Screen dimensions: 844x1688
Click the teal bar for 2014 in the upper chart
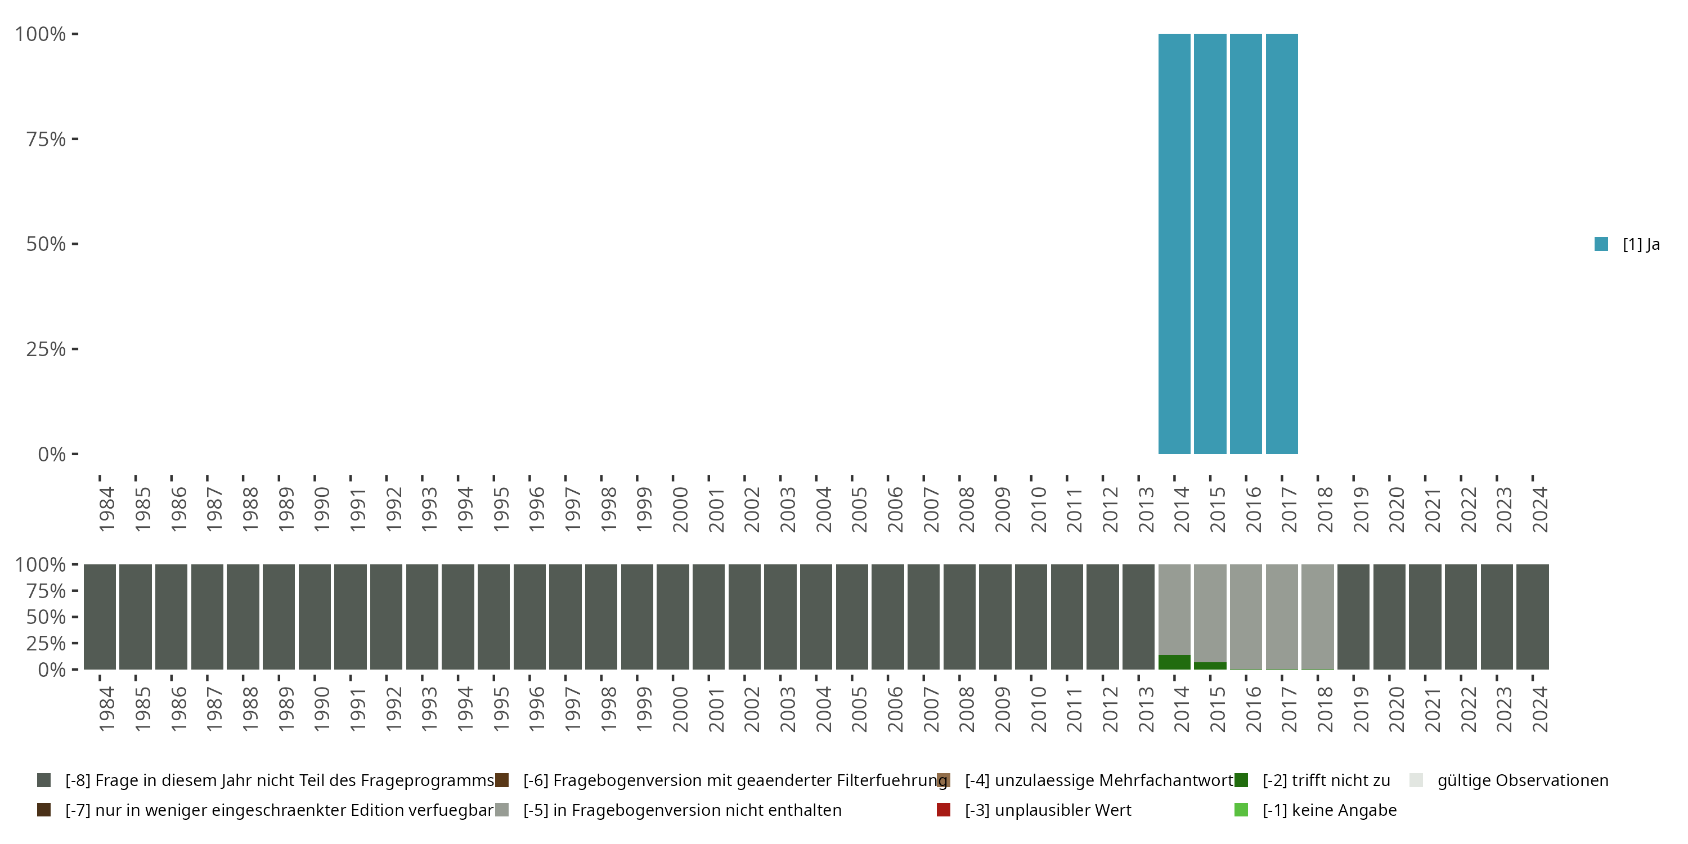(x=1174, y=244)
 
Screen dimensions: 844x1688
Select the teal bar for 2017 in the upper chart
(x=1282, y=244)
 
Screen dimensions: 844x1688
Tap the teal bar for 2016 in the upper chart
(x=1246, y=244)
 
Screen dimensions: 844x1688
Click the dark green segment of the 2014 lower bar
(x=1174, y=662)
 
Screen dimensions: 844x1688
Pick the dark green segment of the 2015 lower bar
(x=1210, y=666)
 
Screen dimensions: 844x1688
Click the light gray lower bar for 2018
(x=1318, y=616)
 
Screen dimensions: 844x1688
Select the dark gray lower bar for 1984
(x=100, y=617)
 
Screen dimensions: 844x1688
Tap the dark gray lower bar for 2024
(x=1533, y=617)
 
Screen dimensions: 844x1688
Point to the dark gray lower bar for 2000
(x=673, y=617)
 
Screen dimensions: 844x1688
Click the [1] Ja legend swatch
(x=1601, y=244)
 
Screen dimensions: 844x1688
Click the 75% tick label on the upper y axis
(x=46, y=139)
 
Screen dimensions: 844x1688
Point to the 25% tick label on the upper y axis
(x=46, y=349)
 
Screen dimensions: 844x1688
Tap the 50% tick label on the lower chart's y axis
(x=46, y=617)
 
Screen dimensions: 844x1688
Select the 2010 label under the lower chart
(x=1038, y=709)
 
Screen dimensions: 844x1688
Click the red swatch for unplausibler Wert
(x=944, y=810)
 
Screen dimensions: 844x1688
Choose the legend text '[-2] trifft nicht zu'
(x=1326, y=780)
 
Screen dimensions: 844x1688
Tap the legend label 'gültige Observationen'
(x=1522, y=780)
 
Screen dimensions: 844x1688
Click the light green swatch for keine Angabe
(x=1241, y=810)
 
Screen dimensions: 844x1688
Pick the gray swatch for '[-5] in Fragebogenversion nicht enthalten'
(x=502, y=810)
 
